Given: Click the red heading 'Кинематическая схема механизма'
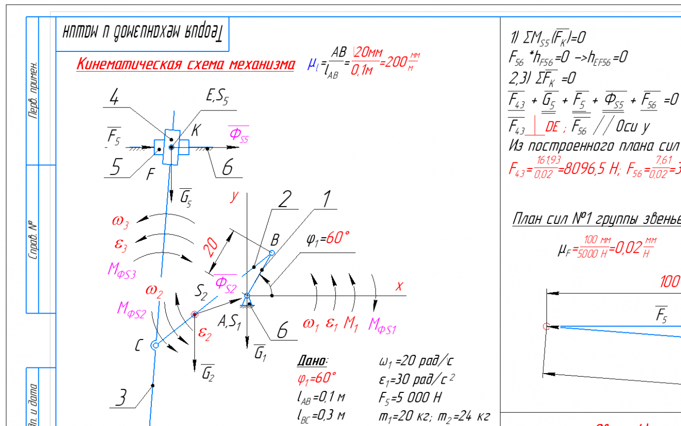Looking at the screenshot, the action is tap(186, 65).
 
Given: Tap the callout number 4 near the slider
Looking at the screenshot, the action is tap(115, 98).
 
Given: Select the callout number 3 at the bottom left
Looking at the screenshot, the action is tap(120, 397).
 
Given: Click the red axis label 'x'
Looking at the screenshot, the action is tap(399, 287).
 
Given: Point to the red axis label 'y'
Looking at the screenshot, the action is tap(234, 196).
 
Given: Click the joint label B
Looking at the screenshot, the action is tap(275, 240).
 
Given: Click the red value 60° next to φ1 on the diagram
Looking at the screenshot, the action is tap(338, 238).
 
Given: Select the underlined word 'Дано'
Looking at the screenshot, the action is tap(312, 361).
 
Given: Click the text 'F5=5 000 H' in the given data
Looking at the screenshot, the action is tap(410, 397).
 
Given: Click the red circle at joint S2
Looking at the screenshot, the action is tap(194, 315).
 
